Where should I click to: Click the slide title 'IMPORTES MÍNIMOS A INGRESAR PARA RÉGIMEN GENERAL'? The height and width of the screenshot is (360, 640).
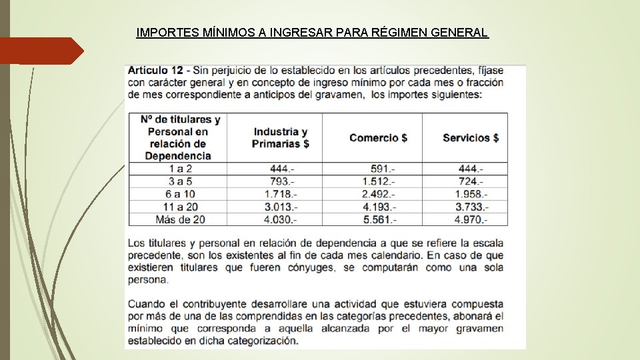tap(312, 32)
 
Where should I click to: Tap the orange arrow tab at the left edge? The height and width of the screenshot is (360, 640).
tap(40, 51)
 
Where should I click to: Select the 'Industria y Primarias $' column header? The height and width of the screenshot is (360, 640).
tap(280, 137)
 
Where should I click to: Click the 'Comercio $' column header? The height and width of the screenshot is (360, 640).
tap(378, 137)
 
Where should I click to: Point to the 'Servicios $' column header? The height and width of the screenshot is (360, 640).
tap(471, 137)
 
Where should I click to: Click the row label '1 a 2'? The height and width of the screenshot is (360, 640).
tap(180, 169)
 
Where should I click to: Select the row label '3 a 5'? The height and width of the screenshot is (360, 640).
tap(180, 181)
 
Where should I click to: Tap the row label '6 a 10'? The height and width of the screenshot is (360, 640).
tap(180, 194)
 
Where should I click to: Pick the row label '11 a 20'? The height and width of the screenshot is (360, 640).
tap(180, 207)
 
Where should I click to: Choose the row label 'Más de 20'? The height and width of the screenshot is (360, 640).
tap(180, 219)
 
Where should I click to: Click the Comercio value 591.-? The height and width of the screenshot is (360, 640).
tap(383, 169)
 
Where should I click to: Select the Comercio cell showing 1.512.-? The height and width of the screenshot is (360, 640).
tap(379, 181)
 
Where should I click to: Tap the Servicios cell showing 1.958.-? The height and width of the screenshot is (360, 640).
tap(471, 194)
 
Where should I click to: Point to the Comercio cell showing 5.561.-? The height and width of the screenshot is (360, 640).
tap(379, 219)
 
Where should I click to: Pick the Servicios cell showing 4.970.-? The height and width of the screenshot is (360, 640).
tap(471, 219)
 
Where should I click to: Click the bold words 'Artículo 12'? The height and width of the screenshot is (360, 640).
tap(154, 70)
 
